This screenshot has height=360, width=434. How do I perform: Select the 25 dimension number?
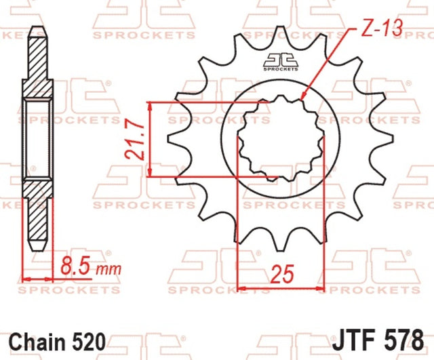282,274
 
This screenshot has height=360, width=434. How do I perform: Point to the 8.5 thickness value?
75,265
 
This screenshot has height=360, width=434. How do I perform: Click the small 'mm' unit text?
108,269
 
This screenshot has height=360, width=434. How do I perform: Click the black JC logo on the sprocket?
281,62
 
